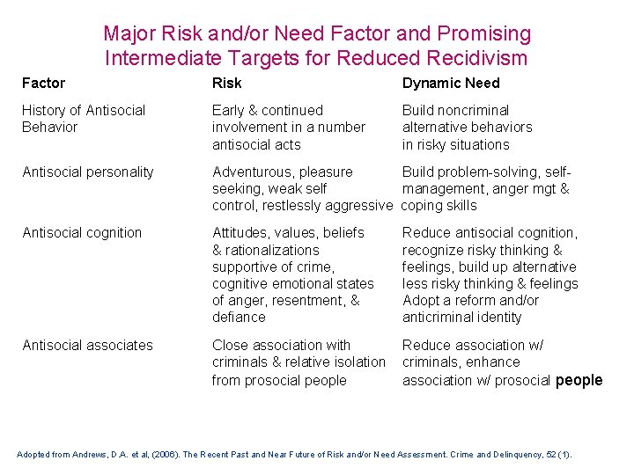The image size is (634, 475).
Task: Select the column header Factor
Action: (43, 84)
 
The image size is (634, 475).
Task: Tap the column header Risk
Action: (226, 84)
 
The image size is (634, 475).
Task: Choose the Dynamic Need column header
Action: (451, 84)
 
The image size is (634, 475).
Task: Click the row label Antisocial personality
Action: (88, 172)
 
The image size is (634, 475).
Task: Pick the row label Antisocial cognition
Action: (82, 233)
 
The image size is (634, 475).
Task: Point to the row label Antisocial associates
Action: (87, 346)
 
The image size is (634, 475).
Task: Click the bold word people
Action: (579, 380)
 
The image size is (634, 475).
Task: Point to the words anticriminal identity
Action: (461, 318)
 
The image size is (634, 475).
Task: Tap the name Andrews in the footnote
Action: (92, 455)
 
